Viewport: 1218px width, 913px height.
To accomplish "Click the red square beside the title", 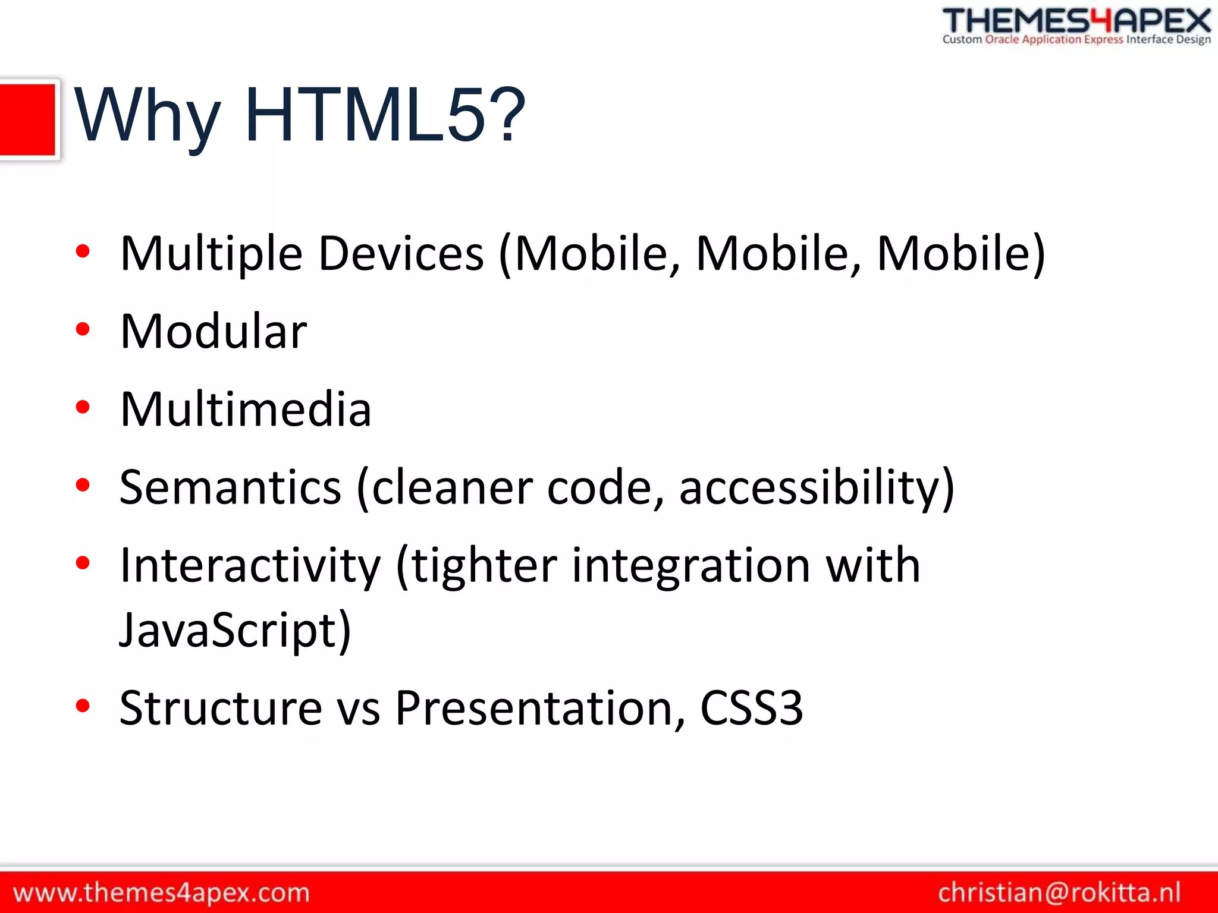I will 28,119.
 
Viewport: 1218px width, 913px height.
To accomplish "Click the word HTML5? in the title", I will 385,115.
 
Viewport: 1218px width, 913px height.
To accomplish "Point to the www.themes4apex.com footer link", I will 161,893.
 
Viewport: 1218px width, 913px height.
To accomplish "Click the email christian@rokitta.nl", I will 1059,892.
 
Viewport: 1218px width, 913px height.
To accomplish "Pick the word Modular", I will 214,331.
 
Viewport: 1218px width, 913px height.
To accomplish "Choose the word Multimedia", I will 246,410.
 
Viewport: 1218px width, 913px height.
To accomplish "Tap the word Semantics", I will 230,487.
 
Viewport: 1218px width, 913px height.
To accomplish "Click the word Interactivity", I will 250,565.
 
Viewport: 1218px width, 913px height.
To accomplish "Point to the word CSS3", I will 752,708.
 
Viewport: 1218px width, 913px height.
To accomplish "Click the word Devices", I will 401,254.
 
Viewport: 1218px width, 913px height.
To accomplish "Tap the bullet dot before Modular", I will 83,329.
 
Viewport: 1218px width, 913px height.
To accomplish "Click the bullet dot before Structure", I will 83,706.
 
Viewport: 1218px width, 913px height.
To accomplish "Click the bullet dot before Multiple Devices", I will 83,251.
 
